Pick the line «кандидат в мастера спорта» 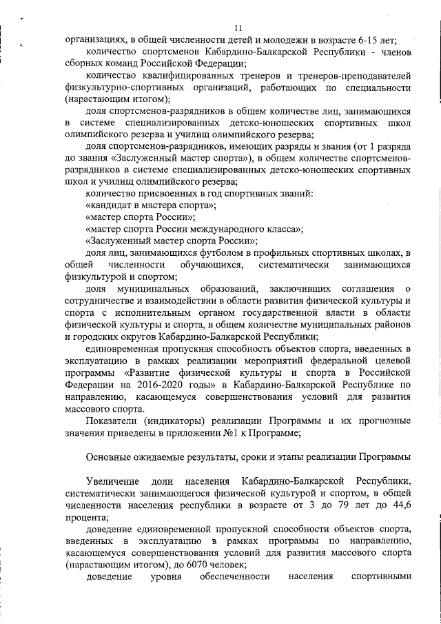coord(151,205)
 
